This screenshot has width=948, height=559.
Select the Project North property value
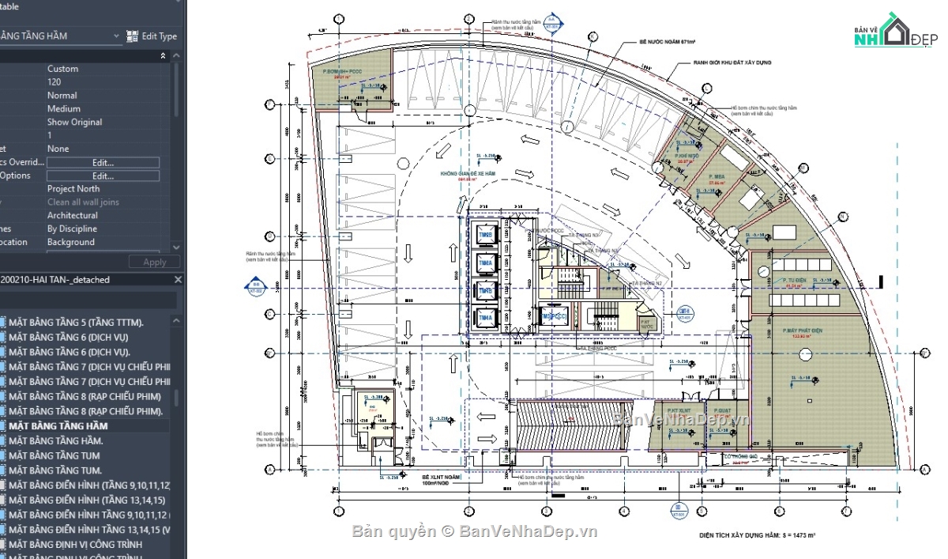(73, 189)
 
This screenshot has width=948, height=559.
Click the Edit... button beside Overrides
(103, 162)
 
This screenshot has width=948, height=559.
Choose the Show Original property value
(74, 122)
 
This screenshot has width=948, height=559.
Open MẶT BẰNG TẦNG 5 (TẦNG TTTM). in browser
(76, 323)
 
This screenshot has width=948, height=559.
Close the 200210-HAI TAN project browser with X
(178, 280)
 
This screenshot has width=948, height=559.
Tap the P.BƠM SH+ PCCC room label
(332, 71)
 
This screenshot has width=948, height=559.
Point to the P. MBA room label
(717, 176)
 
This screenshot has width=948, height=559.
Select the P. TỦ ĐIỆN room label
(794, 281)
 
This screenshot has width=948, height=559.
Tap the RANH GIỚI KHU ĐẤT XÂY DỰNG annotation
(732, 62)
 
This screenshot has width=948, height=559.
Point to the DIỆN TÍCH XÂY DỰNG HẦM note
(757, 535)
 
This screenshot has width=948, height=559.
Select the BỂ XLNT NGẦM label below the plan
(441, 478)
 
